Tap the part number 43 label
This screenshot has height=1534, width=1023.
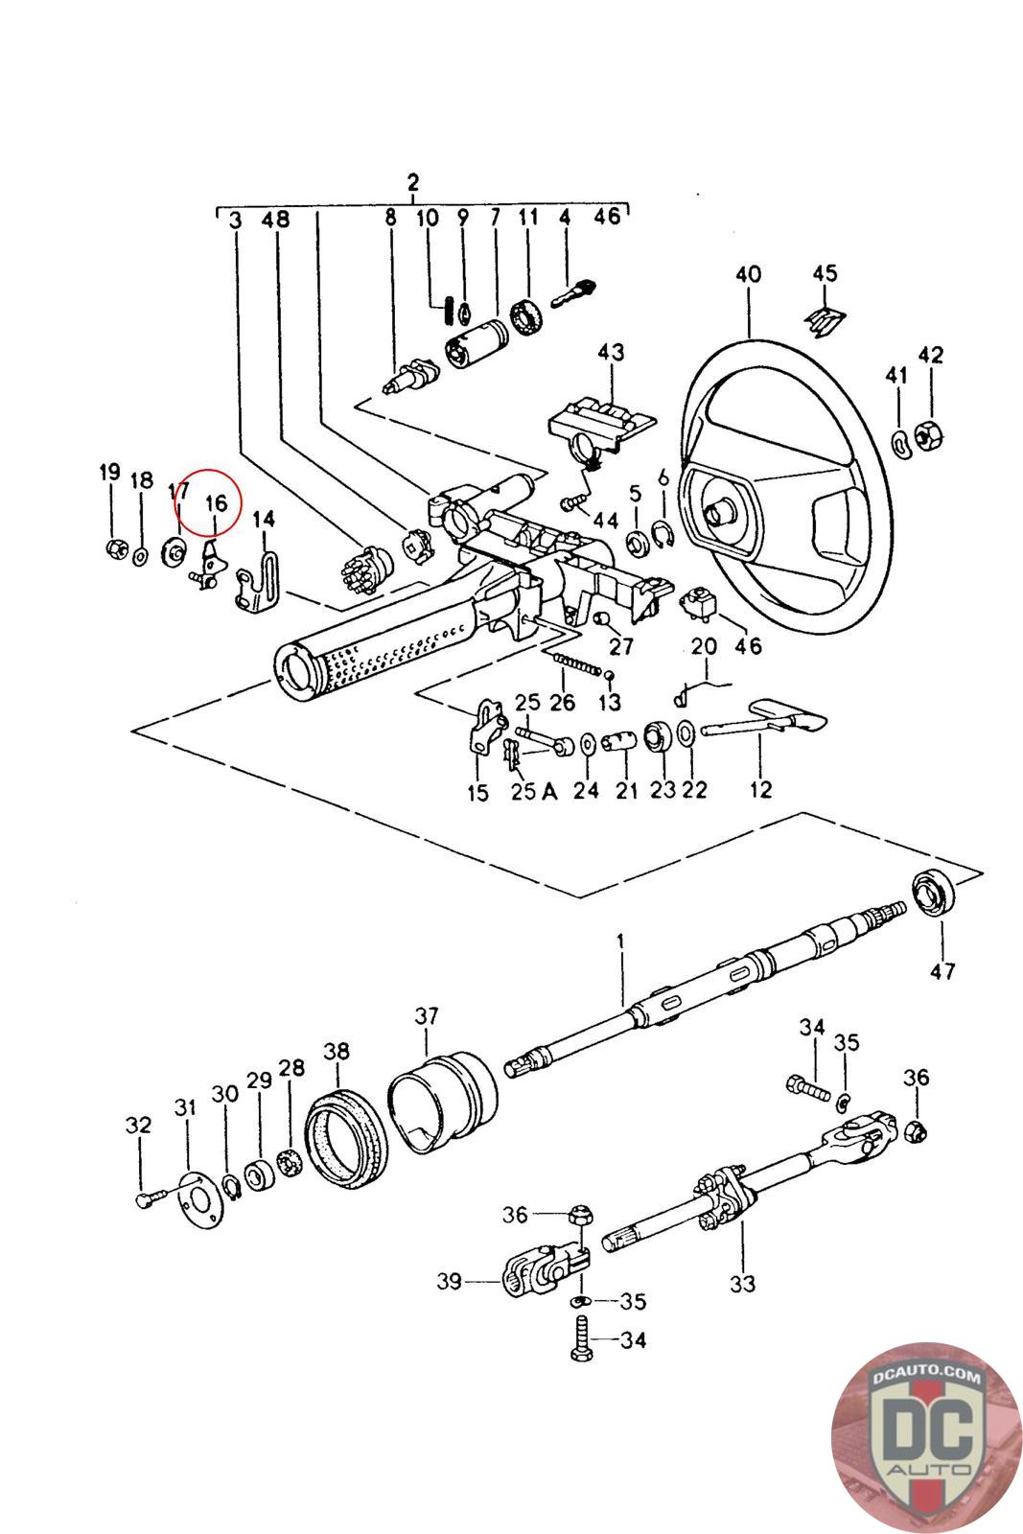tap(611, 352)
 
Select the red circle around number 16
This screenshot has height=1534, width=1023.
tap(207, 502)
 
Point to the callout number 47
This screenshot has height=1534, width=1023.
tap(942, 970)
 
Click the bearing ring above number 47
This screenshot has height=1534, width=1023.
tap(934, 893)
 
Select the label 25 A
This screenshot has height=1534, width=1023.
tap(533, 792)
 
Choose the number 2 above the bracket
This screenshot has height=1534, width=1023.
tap(412, 183)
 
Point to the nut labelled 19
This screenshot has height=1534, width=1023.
tap(117, 547)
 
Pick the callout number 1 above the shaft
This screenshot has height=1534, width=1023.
tap(620, 941)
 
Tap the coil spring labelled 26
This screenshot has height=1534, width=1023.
tap(576, 662)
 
